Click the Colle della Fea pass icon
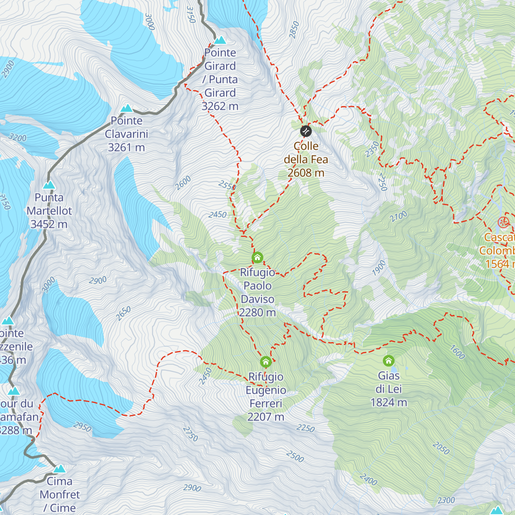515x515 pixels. [306, 130]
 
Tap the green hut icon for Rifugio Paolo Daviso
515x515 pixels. [257, 257]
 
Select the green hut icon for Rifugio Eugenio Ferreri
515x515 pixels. [266, 361]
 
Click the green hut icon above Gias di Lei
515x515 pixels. [389, 360]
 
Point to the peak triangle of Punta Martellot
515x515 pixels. [49, 185]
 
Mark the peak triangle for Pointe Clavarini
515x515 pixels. [127, 108]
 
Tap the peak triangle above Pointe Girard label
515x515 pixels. [220, 40]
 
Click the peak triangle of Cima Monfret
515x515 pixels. [59, 468]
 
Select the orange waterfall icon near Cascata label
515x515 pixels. [503, 222]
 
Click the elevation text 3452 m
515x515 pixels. [49, 224]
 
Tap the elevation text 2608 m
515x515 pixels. [306, 173]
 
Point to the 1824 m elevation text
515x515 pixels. [389, 403]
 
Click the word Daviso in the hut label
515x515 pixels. [257, 299]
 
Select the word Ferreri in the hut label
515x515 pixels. [266, 403]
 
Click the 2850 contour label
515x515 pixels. [294, 30]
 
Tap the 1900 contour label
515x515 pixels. [379, 268]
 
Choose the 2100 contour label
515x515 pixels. [398, 217]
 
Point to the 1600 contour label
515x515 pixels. [457, 352]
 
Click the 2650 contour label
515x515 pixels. [123, 313]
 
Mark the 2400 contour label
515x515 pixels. [368, 479]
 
